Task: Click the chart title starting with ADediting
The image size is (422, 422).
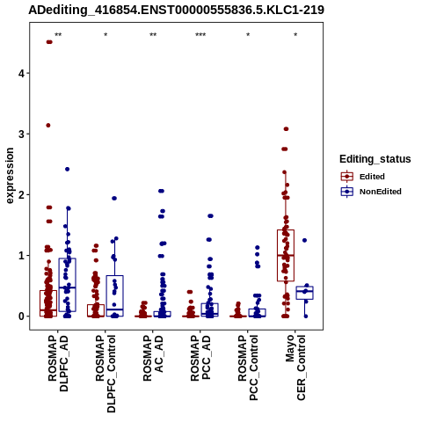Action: point(176,10)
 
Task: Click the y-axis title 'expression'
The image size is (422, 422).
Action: point(10,176)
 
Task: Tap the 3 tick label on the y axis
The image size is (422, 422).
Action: point(22,134)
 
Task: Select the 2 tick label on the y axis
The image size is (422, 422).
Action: point(22,194)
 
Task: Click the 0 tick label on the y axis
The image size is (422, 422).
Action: point(22,316)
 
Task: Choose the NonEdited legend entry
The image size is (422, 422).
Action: point(371,192)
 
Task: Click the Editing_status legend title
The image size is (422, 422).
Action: point(375,159)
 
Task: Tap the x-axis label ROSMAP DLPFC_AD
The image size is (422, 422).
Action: point(58,363)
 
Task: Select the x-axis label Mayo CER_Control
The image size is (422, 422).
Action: point(295,367)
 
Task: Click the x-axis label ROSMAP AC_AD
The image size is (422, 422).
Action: point(153,358)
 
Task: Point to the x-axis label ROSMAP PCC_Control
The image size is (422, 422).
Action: point(248,367)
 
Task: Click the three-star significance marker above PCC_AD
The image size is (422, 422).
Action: point(200,35)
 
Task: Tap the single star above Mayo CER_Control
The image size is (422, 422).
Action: point(295,35)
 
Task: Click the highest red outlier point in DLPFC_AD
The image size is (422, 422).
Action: point(49,42)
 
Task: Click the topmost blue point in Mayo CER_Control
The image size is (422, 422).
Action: point(304,240)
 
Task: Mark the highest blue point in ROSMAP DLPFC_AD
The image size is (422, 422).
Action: point(67,169)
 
